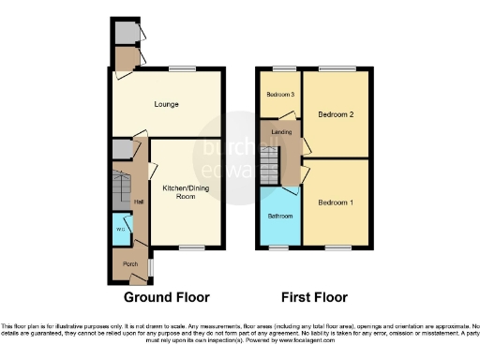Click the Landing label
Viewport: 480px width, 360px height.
coord(280,133)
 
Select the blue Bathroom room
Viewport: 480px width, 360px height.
coord(279,216)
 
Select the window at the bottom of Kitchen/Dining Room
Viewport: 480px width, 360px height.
coord(190,247)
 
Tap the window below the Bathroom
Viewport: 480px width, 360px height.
coord(278,247)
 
